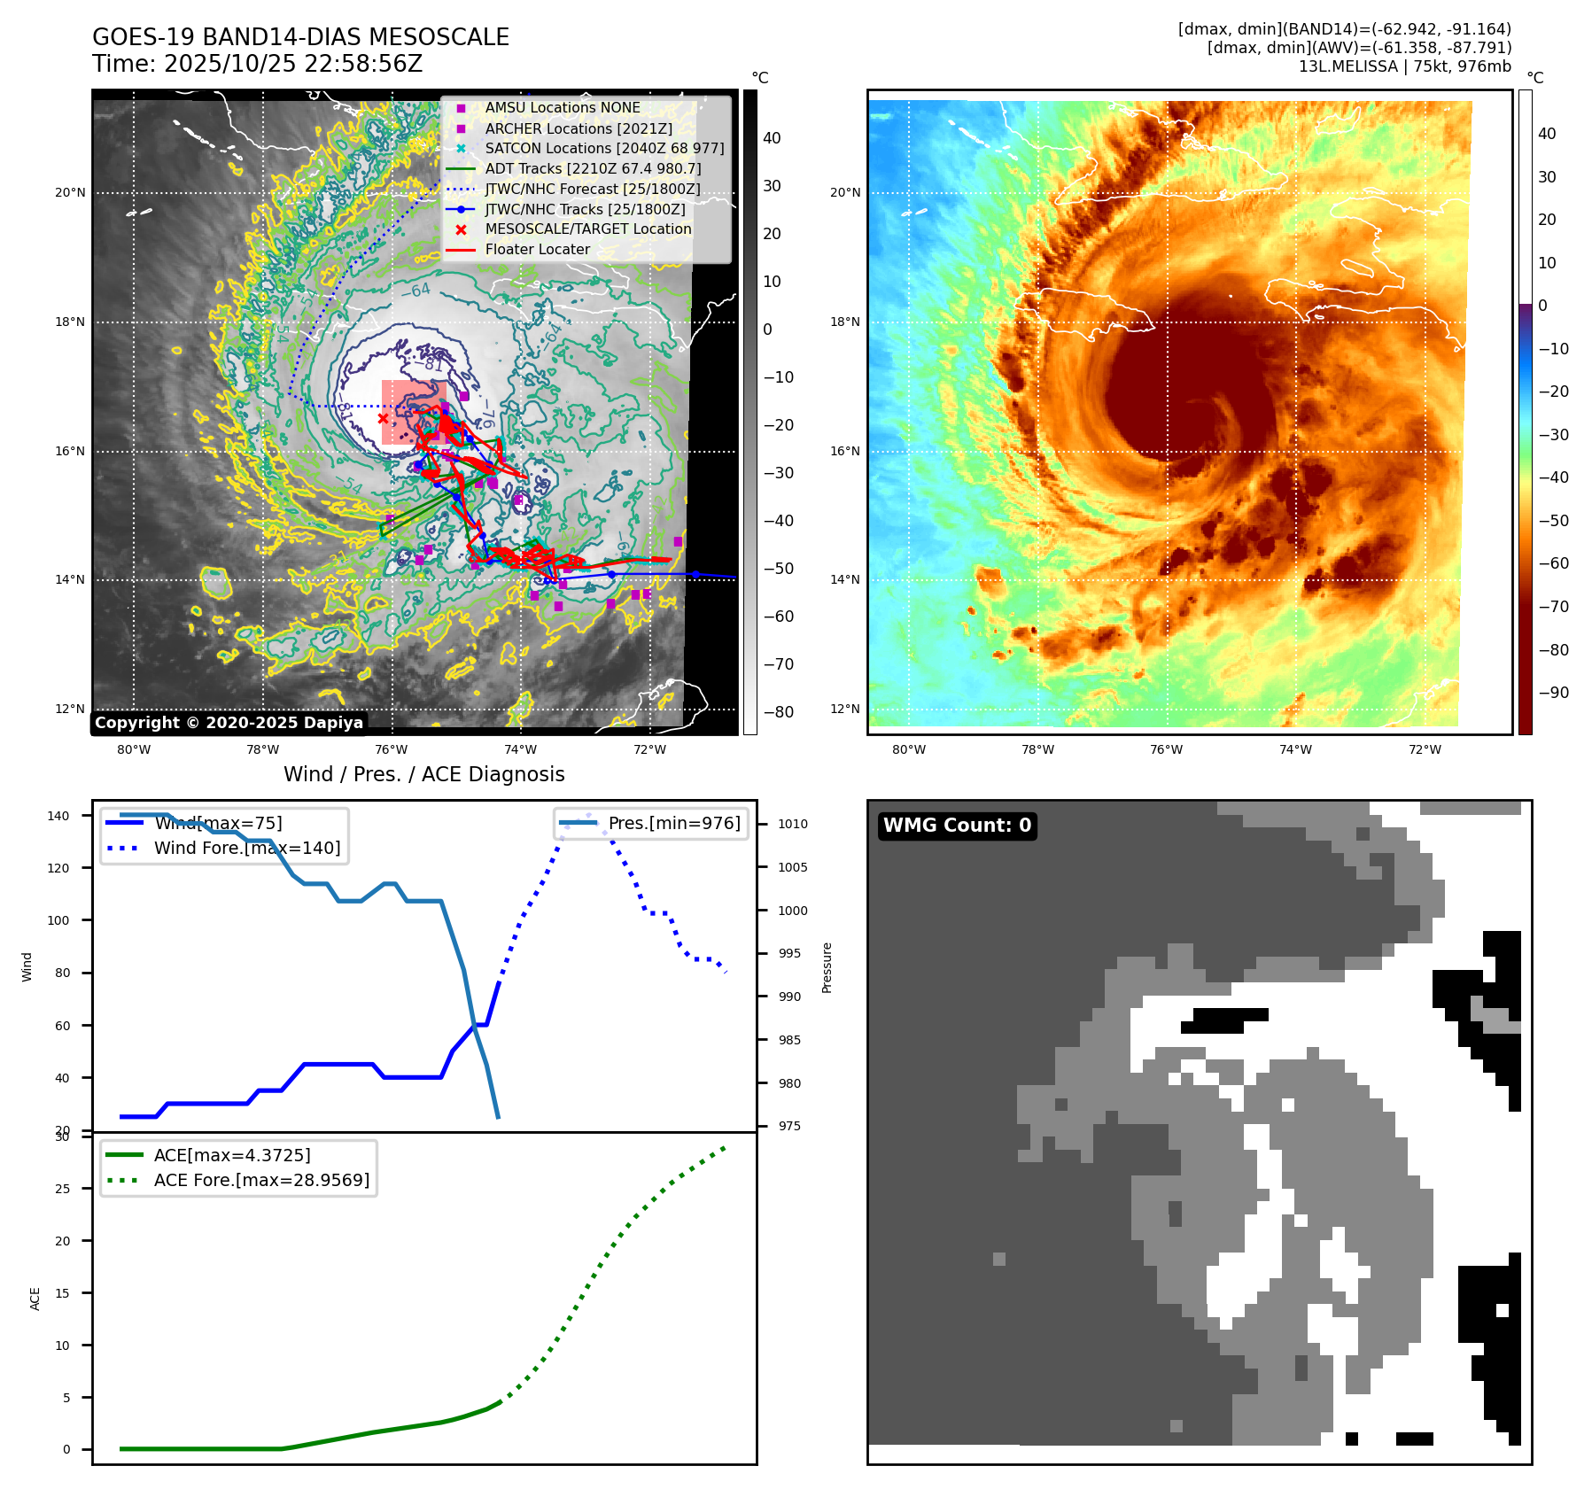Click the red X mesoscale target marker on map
coord(383,418)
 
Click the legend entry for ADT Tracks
coord(592,168)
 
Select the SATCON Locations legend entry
coord(603,148)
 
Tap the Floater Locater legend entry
coord(537,249)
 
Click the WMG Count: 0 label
coord(957,826)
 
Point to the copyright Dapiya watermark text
coord(229,723)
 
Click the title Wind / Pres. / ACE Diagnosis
coord(423,774)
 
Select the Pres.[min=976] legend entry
coord(673,823)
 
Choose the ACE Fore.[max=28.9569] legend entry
coord(261,1180)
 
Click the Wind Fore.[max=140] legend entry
coord(246,848)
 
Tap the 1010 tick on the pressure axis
coord(793,824)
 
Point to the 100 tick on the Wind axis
coord(58,920)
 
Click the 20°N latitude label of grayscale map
coord(71,192)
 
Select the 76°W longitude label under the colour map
coord(1166,749)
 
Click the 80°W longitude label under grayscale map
coord(134,749)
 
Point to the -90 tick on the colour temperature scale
coord(1554,693)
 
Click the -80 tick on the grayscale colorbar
coord(779,712)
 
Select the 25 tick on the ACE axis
coord(62,1189)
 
